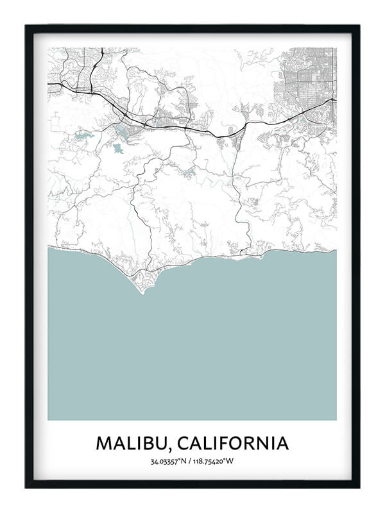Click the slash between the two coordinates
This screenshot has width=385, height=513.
pyautogui.click(x=192, y=461)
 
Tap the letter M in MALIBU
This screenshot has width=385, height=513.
pyautogui.click(x=103, y=443)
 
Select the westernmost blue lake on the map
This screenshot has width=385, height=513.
pyautogui.click(x=81, y=136)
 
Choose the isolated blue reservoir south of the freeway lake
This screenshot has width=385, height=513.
pyautogui.click(x=118, y=148)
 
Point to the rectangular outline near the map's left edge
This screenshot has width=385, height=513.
pyautogui.click(x=56, y=121)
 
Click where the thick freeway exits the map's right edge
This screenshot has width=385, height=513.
pyautogui.click(x=336, y=99)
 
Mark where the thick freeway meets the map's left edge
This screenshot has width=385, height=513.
pyautogui.click(x=49, y=83)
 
